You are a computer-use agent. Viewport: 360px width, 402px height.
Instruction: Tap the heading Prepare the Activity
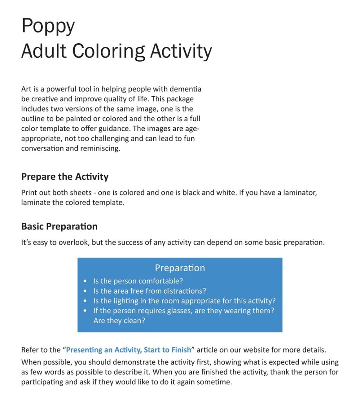point(65,177)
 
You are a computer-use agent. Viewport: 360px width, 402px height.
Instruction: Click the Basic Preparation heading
point(59,227)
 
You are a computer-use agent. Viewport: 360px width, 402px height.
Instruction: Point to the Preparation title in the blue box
point(180,268)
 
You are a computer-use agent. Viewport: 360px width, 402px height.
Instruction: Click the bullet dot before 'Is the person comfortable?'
point(85,281)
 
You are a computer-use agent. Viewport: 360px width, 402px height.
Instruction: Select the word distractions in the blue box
point(185,291)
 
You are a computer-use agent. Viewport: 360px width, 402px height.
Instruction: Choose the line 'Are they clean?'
point(119,320)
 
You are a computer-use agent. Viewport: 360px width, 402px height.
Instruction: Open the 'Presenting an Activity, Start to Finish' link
point(129,349)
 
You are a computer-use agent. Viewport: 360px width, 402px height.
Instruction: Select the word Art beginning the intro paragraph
point(26,89)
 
